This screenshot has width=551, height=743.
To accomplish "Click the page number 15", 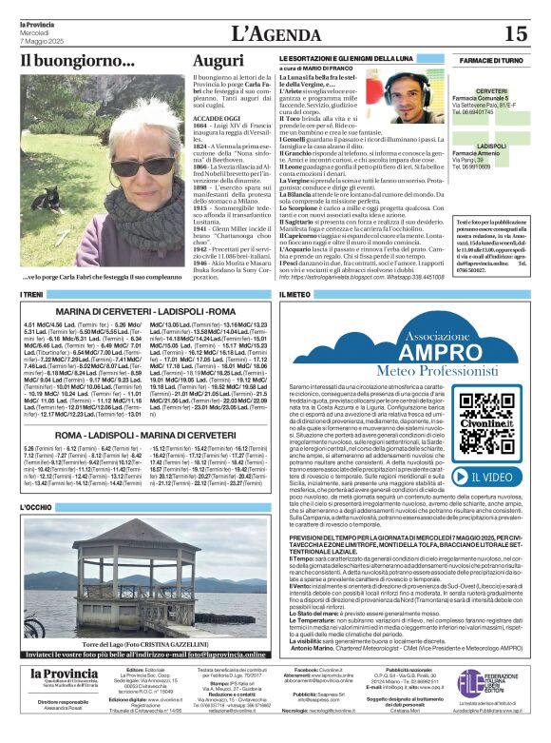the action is [x=515, y=34].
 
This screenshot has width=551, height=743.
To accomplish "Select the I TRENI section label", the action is [x=34, y=296].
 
